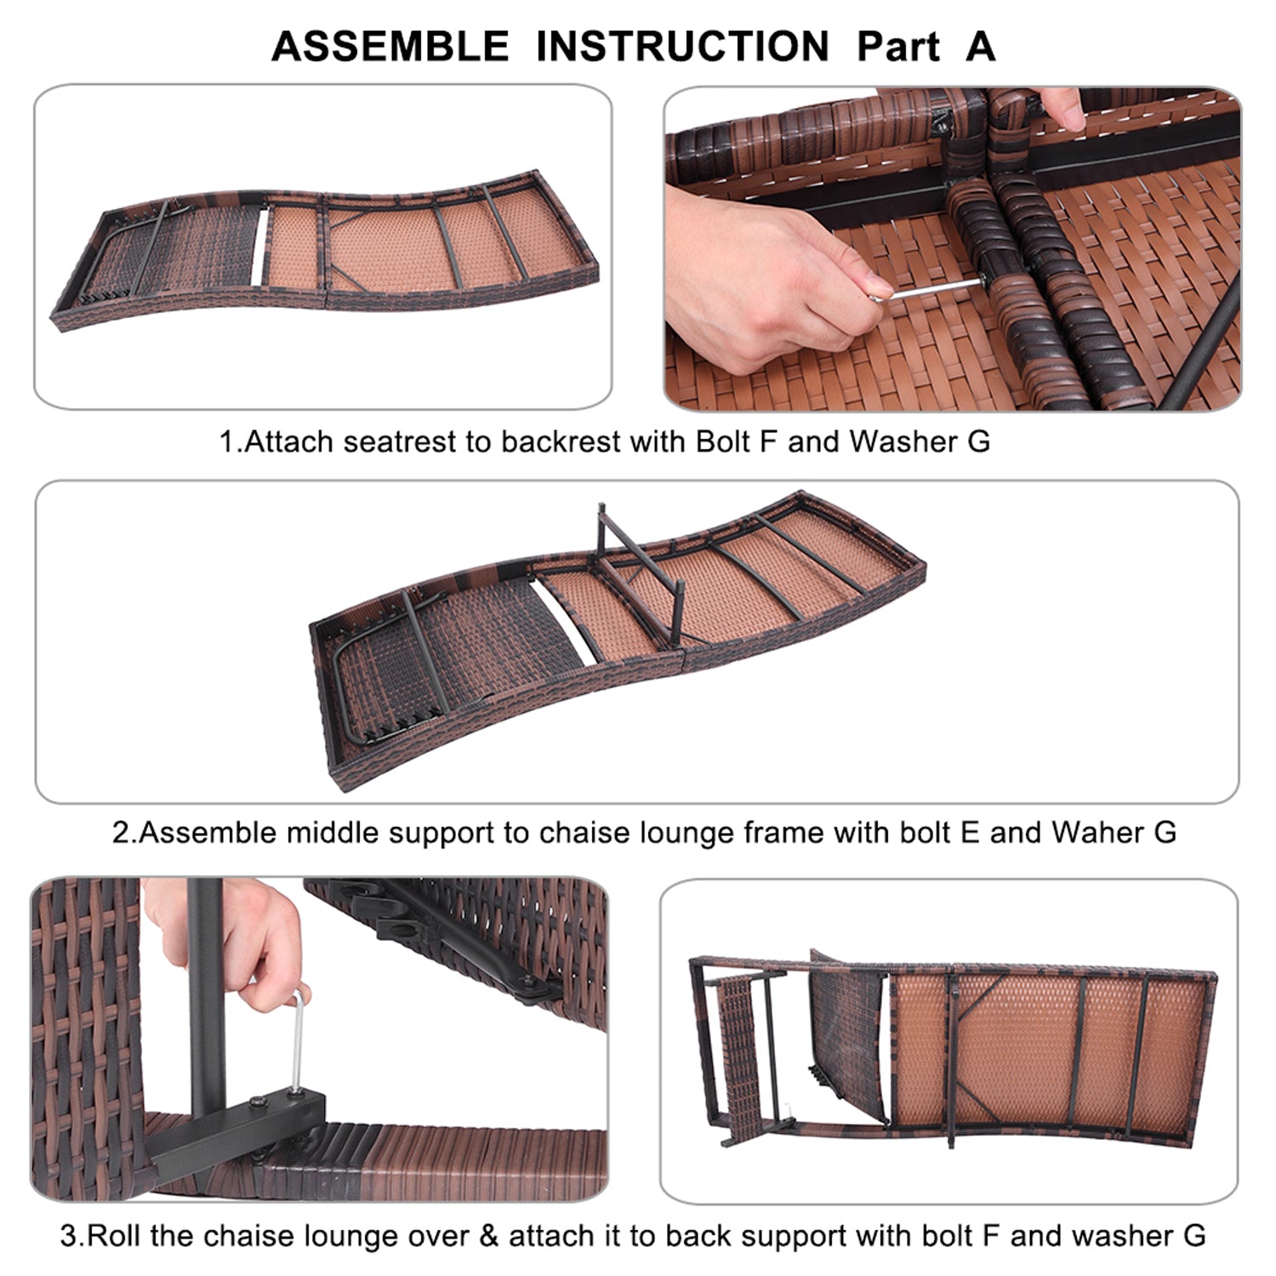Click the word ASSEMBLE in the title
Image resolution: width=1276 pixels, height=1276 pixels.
[390, 46]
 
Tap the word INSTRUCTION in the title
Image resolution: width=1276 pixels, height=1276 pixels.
[682, 46]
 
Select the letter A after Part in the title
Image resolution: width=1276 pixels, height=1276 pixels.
[980, 46]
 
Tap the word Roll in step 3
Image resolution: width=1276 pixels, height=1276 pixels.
[115, 1234]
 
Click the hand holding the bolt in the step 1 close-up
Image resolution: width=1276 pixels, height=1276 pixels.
[766, 272]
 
